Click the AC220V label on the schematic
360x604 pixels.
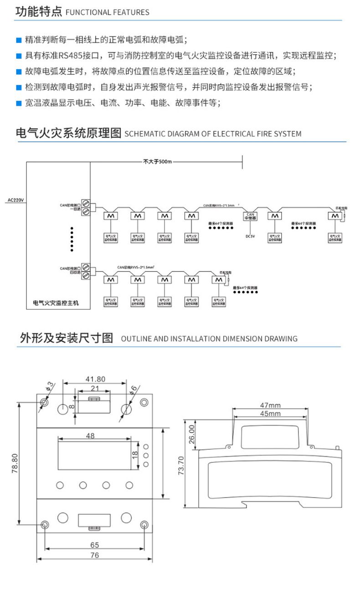point(15,200)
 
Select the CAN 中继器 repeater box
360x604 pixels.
point(250,216)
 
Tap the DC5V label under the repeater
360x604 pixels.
point(250,236)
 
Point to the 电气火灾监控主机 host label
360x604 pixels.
point(56,302)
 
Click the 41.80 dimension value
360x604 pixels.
point(95,379)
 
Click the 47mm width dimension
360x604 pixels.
point(270,405)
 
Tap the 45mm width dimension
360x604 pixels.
point(270,414)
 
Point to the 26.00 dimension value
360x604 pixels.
point(192,434)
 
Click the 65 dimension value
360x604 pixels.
point(94,545)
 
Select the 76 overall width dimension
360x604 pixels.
point(94,555)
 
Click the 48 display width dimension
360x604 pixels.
point(90,436)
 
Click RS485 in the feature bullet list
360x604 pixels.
point(69,56)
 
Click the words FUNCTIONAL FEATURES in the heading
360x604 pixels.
point(108,12)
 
